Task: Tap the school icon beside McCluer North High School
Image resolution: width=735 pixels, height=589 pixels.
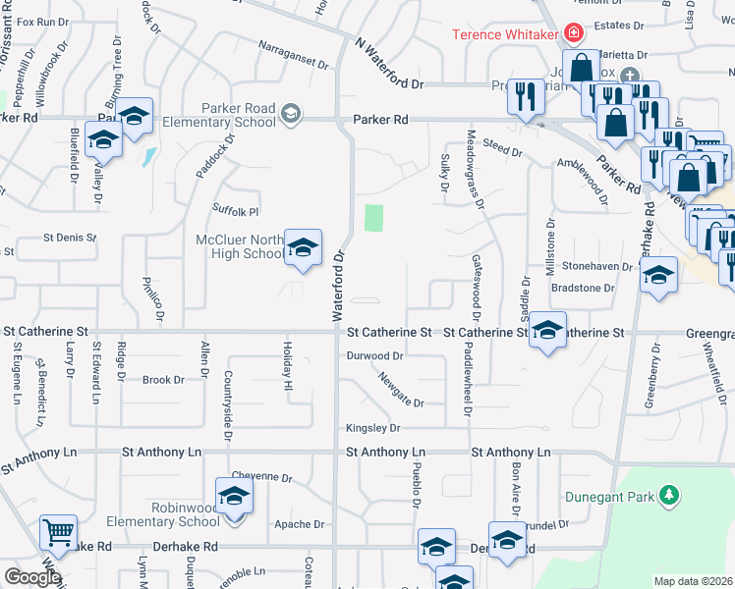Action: pos(304,247)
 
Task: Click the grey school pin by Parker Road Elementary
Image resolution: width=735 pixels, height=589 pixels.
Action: pos(290,114)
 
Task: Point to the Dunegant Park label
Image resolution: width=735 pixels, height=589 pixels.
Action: pos(609,497)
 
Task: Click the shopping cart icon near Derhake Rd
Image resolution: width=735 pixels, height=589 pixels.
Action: pos(59,533)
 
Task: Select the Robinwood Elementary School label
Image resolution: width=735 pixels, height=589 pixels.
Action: pos(172,514)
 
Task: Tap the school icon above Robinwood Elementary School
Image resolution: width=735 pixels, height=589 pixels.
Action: pos(234,497)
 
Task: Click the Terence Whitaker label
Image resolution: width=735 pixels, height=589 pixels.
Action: pos(503,34)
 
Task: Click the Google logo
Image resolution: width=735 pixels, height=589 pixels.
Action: pos(32,576)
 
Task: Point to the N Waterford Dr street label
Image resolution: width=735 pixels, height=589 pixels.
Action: pos(388,65)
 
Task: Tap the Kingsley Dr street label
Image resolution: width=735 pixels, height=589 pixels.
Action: pos(373,428)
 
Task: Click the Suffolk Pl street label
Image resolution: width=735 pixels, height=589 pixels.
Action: pos(236,210)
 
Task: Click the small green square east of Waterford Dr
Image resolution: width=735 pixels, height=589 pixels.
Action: pos(373,217)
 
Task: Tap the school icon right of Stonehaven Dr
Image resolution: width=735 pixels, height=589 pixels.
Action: pos(659,275)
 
